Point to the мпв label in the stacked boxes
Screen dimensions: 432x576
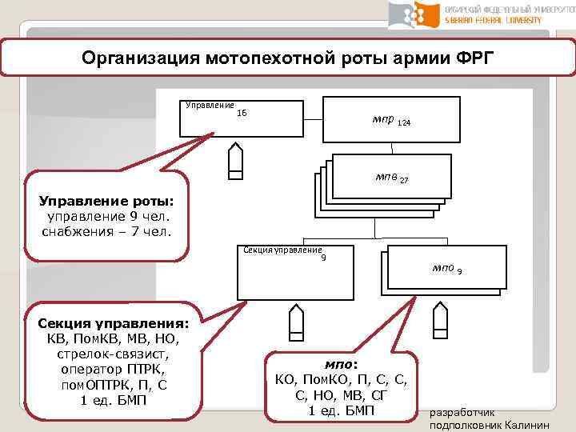(385, 177)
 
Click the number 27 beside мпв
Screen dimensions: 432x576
(404, 181)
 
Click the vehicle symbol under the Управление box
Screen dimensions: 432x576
(235, 163)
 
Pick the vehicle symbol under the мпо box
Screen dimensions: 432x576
(439, 322)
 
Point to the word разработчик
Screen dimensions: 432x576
(463, 412)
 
